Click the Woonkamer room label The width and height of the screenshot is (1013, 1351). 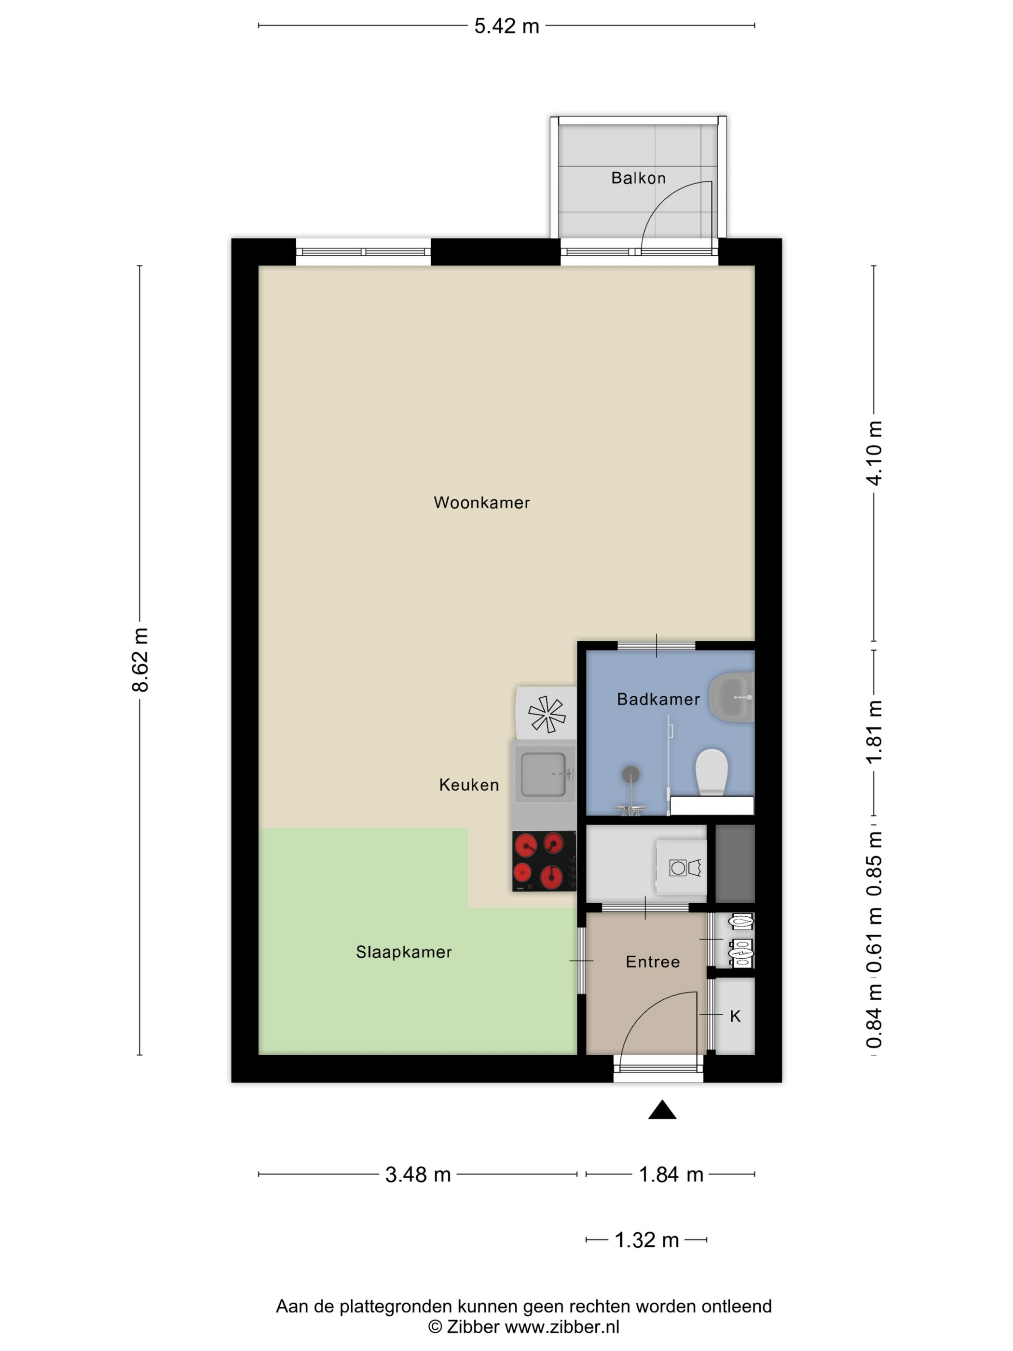point(481,503)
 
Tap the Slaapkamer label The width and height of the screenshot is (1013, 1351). point(404,952)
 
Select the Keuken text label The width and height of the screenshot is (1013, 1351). point(469,785)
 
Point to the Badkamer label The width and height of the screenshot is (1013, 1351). point(658,699)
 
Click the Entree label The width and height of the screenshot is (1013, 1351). point(653,962)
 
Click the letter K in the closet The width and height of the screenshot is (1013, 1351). point(735,1016)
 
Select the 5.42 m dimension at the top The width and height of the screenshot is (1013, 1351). point(507,26)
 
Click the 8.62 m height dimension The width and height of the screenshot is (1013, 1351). point(140,660)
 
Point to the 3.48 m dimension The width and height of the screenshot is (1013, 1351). point(418,1174)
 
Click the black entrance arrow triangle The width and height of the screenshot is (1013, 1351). point(662,1110)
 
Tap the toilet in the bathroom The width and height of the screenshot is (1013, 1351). point(712,772)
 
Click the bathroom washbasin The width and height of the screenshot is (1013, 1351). point(732,697)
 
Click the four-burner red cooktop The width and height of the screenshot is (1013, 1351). point(544,861)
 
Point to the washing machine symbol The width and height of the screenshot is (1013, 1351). point(681,867)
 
